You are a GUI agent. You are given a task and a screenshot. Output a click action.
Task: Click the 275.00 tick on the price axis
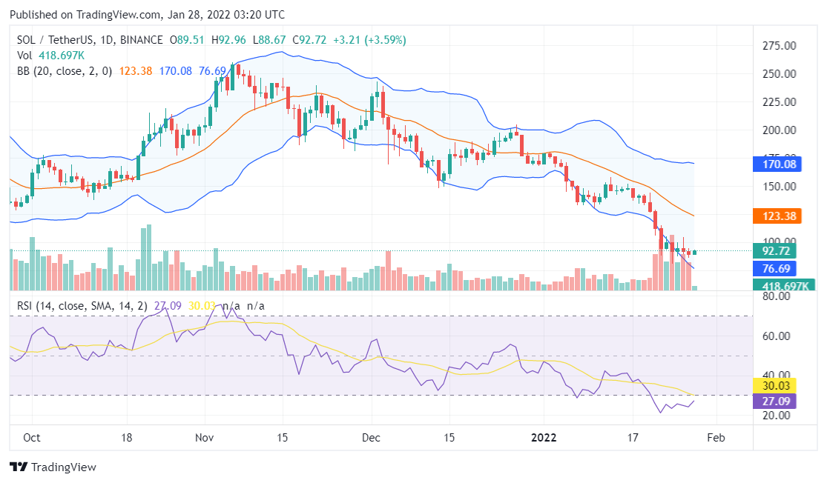(x=780, y=46)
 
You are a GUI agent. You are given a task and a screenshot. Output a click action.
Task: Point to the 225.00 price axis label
(x=780, y=102)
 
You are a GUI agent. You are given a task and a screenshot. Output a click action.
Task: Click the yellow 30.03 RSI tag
(x=774, y=385)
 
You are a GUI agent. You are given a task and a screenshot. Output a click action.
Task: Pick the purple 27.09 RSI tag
(x=774, y=401)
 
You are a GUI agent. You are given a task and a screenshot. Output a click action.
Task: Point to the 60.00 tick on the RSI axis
(x=777, y=336)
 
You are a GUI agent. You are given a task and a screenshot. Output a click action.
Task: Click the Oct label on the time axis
(x=32, y=437)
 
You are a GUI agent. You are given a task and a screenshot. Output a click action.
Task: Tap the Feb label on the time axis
(x=716, y=437)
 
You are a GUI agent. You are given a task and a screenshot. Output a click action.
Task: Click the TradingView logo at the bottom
(x=53, y=467)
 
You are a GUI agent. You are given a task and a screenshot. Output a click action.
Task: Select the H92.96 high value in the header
(x=229, y=40)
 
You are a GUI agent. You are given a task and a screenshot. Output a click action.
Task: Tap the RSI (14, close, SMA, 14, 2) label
(x=84, y=306)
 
